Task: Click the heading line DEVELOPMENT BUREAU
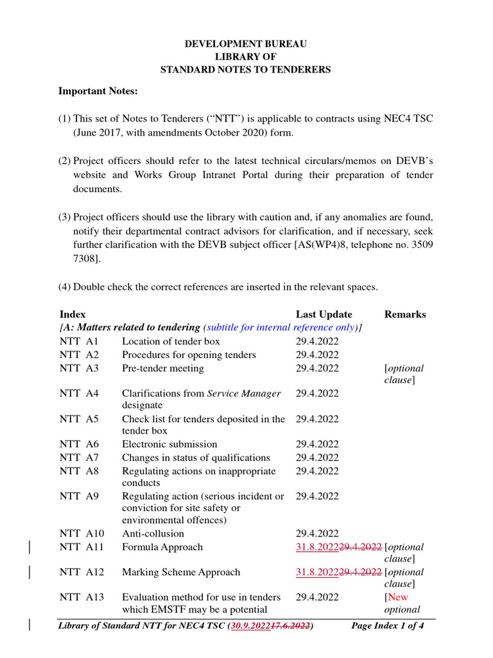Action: pyautogui.click(x=246, y=44)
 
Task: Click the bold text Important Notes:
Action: pyautogui.click(x=98, y=91)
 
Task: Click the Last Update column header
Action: pyautogui.click(x=324, y=314)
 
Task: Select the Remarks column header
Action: pyautogui.click(x=405, y=314)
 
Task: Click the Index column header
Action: pyautogui.click(x=73, y=314)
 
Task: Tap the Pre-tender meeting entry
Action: pyautogui.click(x=163, y=368)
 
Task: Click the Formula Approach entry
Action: pyautogui.click(x=162, y=547)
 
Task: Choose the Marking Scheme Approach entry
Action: pyautogui.click(x=181, y=572)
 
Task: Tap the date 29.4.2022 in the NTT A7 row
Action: pyautogui.click(x=317, y=458)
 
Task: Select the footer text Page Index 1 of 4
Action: pyautogui.click(x=388, y=626)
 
